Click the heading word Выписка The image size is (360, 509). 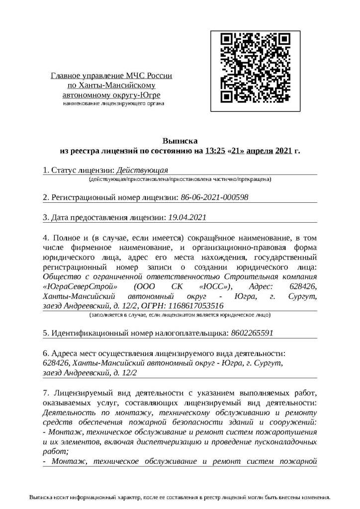pos(180,141)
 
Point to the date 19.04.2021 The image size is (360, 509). pos(187,217)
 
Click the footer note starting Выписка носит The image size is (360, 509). pos(180,497)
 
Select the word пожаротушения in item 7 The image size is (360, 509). pos(286,432)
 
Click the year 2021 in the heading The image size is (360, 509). pos(283,150)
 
